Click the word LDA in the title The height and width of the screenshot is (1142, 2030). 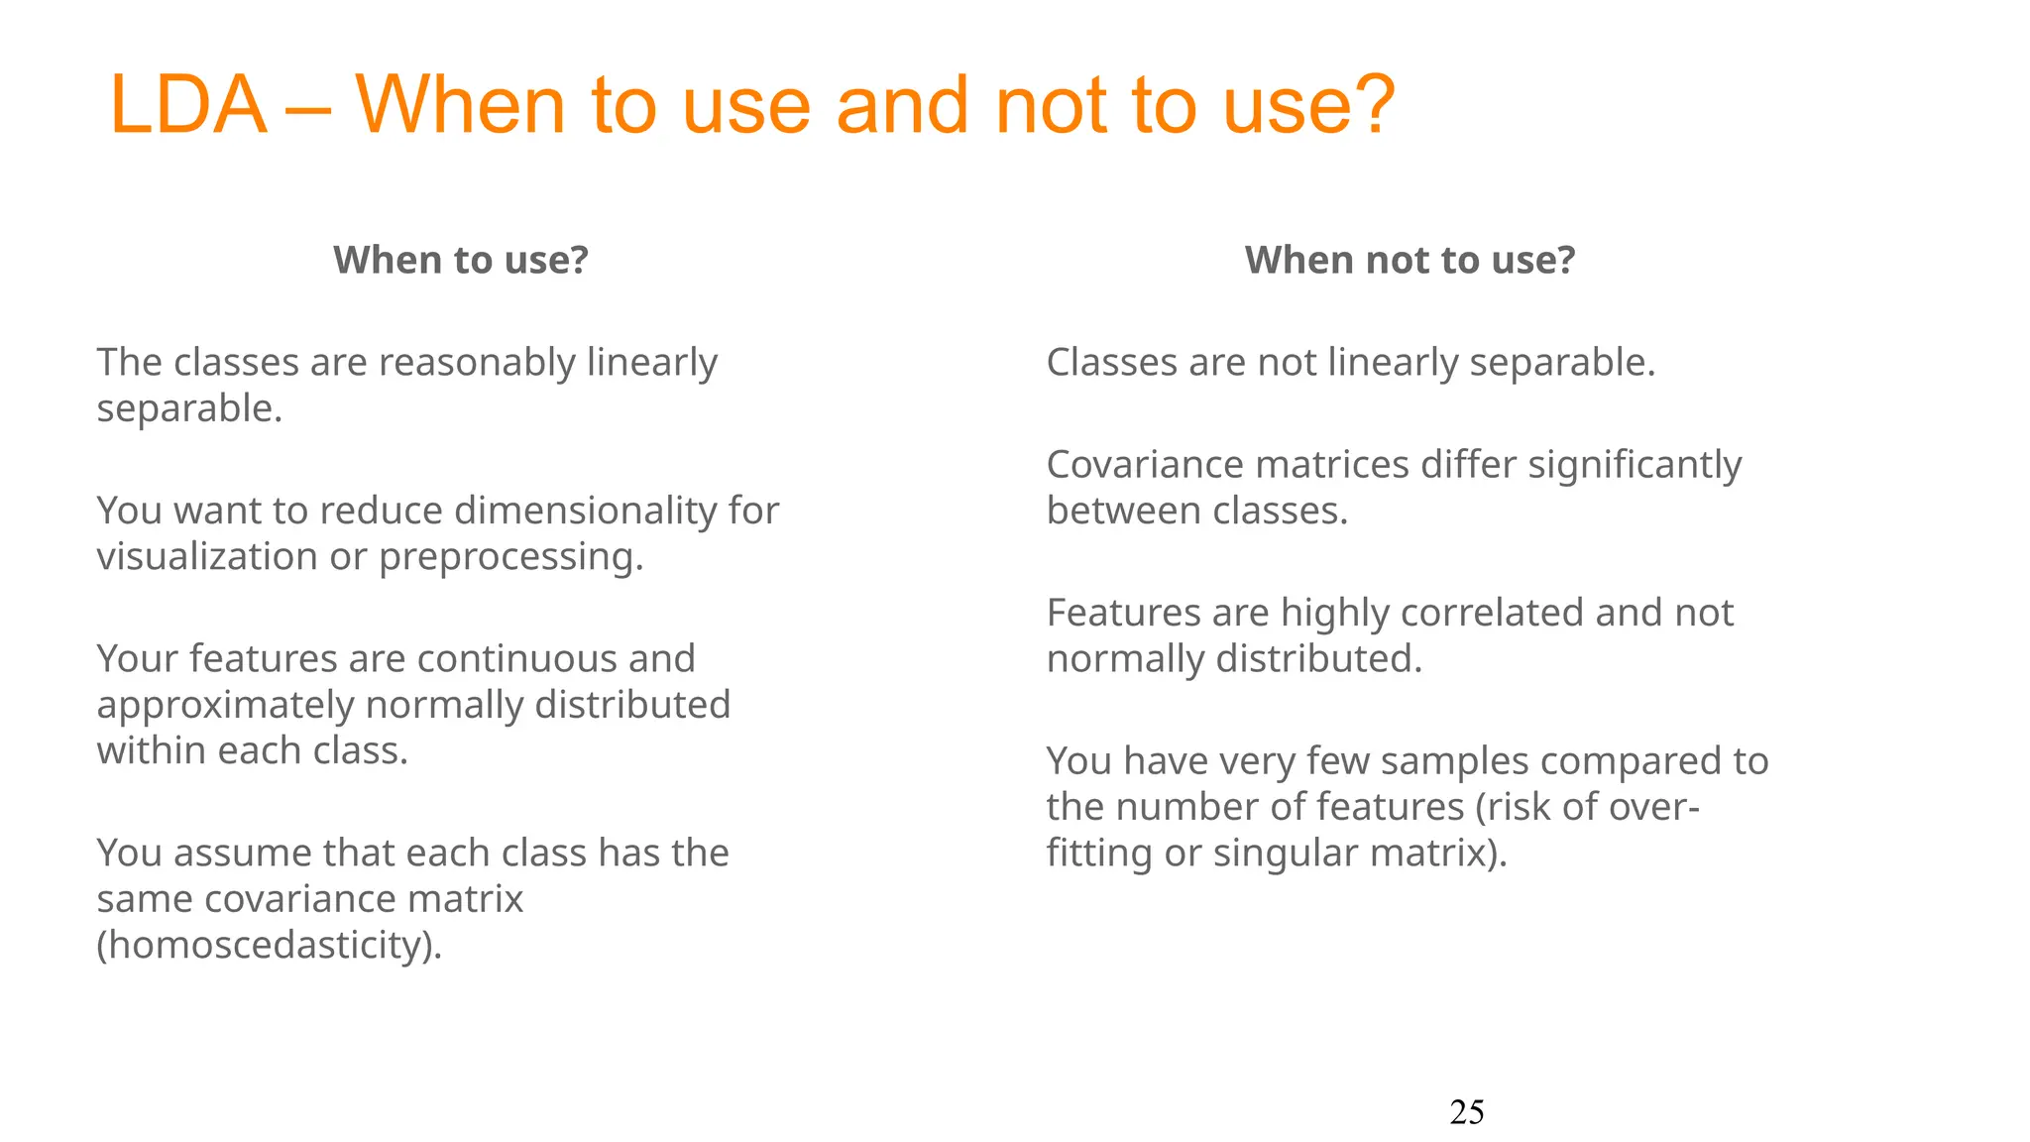[x=188, y=105]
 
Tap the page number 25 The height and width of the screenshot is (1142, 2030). [x=1466, y=1112]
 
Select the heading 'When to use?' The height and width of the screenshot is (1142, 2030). [x=461, y=260]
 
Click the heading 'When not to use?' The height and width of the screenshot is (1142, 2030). [x=1410, y=260]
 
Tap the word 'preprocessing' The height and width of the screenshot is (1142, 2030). [x=510, y=558]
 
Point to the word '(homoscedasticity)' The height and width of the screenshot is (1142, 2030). [x=269, y=946]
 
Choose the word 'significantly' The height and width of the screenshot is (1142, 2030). [x=1635, y=466]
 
